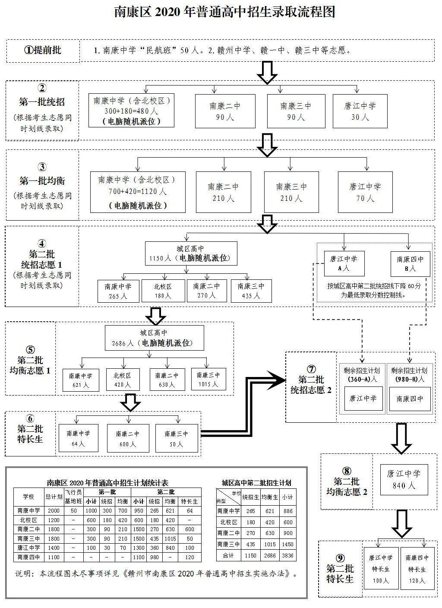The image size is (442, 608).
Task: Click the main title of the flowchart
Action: pos(224,12)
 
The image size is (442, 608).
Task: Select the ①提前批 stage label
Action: pos(43,50)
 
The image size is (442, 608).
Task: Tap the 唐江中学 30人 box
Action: pos(360,111)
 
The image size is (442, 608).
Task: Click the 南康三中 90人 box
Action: pos(296,111)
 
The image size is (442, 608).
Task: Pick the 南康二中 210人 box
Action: pos(223,192)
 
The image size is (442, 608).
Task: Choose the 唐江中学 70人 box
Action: pos(365,192)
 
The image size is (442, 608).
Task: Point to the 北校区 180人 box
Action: pos(163,291)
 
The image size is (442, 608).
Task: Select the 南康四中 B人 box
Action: pos(410,264)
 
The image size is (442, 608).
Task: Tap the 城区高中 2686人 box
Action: pos(154,338)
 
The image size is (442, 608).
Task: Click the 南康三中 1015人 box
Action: pos(208,380)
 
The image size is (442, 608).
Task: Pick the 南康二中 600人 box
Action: pos(128,438)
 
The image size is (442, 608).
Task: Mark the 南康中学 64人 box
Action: pos(78,438)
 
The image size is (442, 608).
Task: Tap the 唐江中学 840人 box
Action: pos(404,479)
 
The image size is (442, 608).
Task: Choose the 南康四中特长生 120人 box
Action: pos(417,569)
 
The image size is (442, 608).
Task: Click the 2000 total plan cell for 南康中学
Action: pos(54,511)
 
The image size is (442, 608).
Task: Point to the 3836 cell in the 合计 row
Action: pos(287,556)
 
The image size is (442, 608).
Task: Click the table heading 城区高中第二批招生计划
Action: pos(256,483)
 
